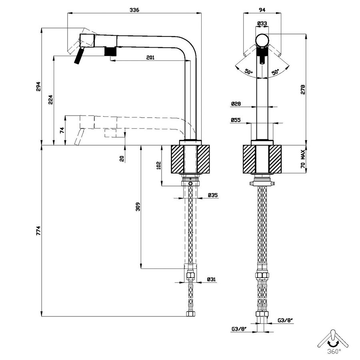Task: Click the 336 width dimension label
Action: click(134, 10)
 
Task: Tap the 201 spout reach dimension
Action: click(150, 57)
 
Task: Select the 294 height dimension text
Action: click(38, 86)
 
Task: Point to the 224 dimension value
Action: click(51, 100)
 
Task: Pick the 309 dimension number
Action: click(138, 207)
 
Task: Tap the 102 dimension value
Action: click(159, 165)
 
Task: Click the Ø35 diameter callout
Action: click(213, 195)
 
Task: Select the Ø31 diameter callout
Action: click(212, 280)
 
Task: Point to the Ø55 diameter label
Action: click(236, 120)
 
